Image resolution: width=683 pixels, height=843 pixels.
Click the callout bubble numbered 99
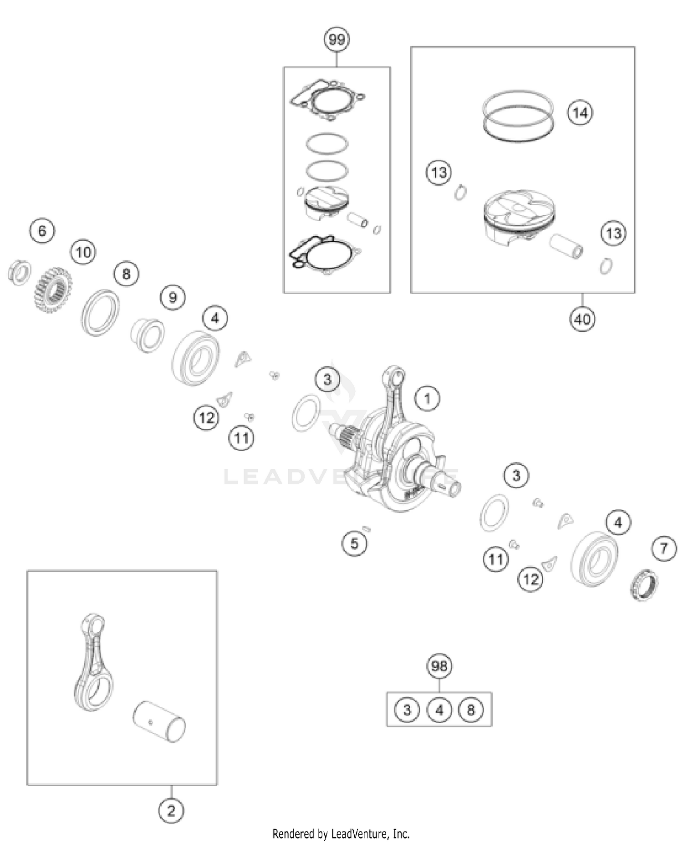click(336, 40)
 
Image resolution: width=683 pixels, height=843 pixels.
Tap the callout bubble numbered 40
click(582, 319)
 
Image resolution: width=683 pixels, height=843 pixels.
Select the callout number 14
click(580, 112)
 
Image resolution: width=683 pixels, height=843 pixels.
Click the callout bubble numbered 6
click(42, 231)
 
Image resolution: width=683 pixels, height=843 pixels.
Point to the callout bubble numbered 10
click(83, 252)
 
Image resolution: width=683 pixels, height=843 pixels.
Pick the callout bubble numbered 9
click(173, 298)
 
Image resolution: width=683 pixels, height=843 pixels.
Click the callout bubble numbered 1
click(427, 399)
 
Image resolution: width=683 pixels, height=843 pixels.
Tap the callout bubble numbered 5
click(354, 543)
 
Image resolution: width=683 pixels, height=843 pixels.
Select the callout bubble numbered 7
click(664, 548)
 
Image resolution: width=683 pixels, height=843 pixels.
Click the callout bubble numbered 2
click(171, 811)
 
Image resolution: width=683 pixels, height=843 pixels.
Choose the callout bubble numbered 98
click(439, 666)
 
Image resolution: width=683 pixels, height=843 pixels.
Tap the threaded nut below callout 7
click(645, 584)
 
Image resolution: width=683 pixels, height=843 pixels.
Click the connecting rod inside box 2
click(93, 662)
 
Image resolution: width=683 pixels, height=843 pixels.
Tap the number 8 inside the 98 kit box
click(471, 710)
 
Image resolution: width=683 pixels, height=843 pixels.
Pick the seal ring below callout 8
click(101, 313)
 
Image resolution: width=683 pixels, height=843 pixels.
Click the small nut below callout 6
click(20, 273)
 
